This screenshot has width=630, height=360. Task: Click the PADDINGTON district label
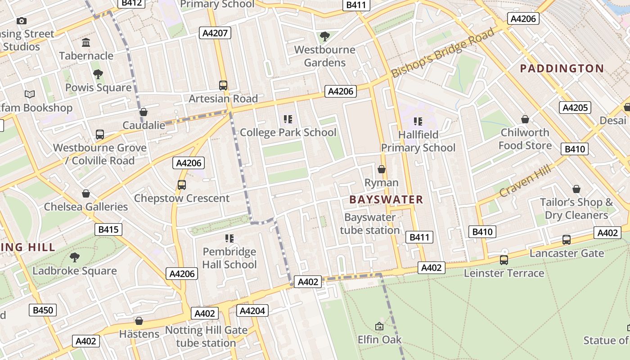point(562,68)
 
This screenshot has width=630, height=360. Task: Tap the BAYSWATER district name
point(386,199)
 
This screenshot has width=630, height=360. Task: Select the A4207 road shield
point(216,33)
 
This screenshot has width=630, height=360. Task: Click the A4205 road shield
point(575,108)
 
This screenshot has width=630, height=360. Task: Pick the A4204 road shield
point(252,310)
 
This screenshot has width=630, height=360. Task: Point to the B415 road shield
point(108,229)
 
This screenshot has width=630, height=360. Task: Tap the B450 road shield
point(43,310)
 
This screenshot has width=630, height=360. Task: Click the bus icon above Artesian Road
point(223,85)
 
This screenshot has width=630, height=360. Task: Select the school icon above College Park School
point(288,119)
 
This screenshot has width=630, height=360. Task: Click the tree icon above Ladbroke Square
point(75,257)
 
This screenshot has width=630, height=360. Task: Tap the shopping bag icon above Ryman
point(382,169)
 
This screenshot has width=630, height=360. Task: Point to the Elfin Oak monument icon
point(379,326)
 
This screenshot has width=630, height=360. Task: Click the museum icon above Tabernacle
point(86,43)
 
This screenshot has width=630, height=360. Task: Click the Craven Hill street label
point(525,180)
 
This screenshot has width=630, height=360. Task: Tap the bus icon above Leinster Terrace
point(504,260)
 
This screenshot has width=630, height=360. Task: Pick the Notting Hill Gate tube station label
point(206,337)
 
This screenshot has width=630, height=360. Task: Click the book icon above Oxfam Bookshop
point(30,94)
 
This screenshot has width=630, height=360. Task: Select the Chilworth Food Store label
point(525,139)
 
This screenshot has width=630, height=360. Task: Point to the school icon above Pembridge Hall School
point(229,238)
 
